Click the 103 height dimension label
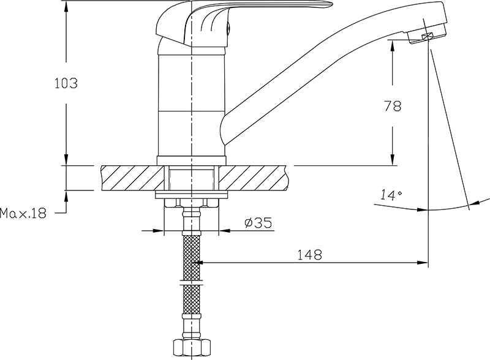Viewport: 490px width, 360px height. [66, 83]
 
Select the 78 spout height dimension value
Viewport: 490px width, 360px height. [393, 107]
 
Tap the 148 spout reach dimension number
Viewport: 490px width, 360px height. [309, 255]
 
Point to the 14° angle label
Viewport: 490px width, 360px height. [391, 195]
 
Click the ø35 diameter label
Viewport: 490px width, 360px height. [258, 223]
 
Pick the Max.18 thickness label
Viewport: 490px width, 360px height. [23, 214]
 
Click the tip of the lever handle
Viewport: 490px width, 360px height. [333, 4]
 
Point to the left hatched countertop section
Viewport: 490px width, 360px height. [132, 178]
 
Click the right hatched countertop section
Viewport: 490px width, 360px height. [254, 178]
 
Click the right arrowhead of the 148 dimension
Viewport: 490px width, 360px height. [423, 263]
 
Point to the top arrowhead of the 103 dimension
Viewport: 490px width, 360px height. [66, 6]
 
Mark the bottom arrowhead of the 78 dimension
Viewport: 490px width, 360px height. [393, 160]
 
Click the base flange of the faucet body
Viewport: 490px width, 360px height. [191, 160]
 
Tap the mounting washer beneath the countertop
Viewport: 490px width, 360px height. [191, 194]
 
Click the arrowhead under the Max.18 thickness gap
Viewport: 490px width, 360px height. [66, 196]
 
